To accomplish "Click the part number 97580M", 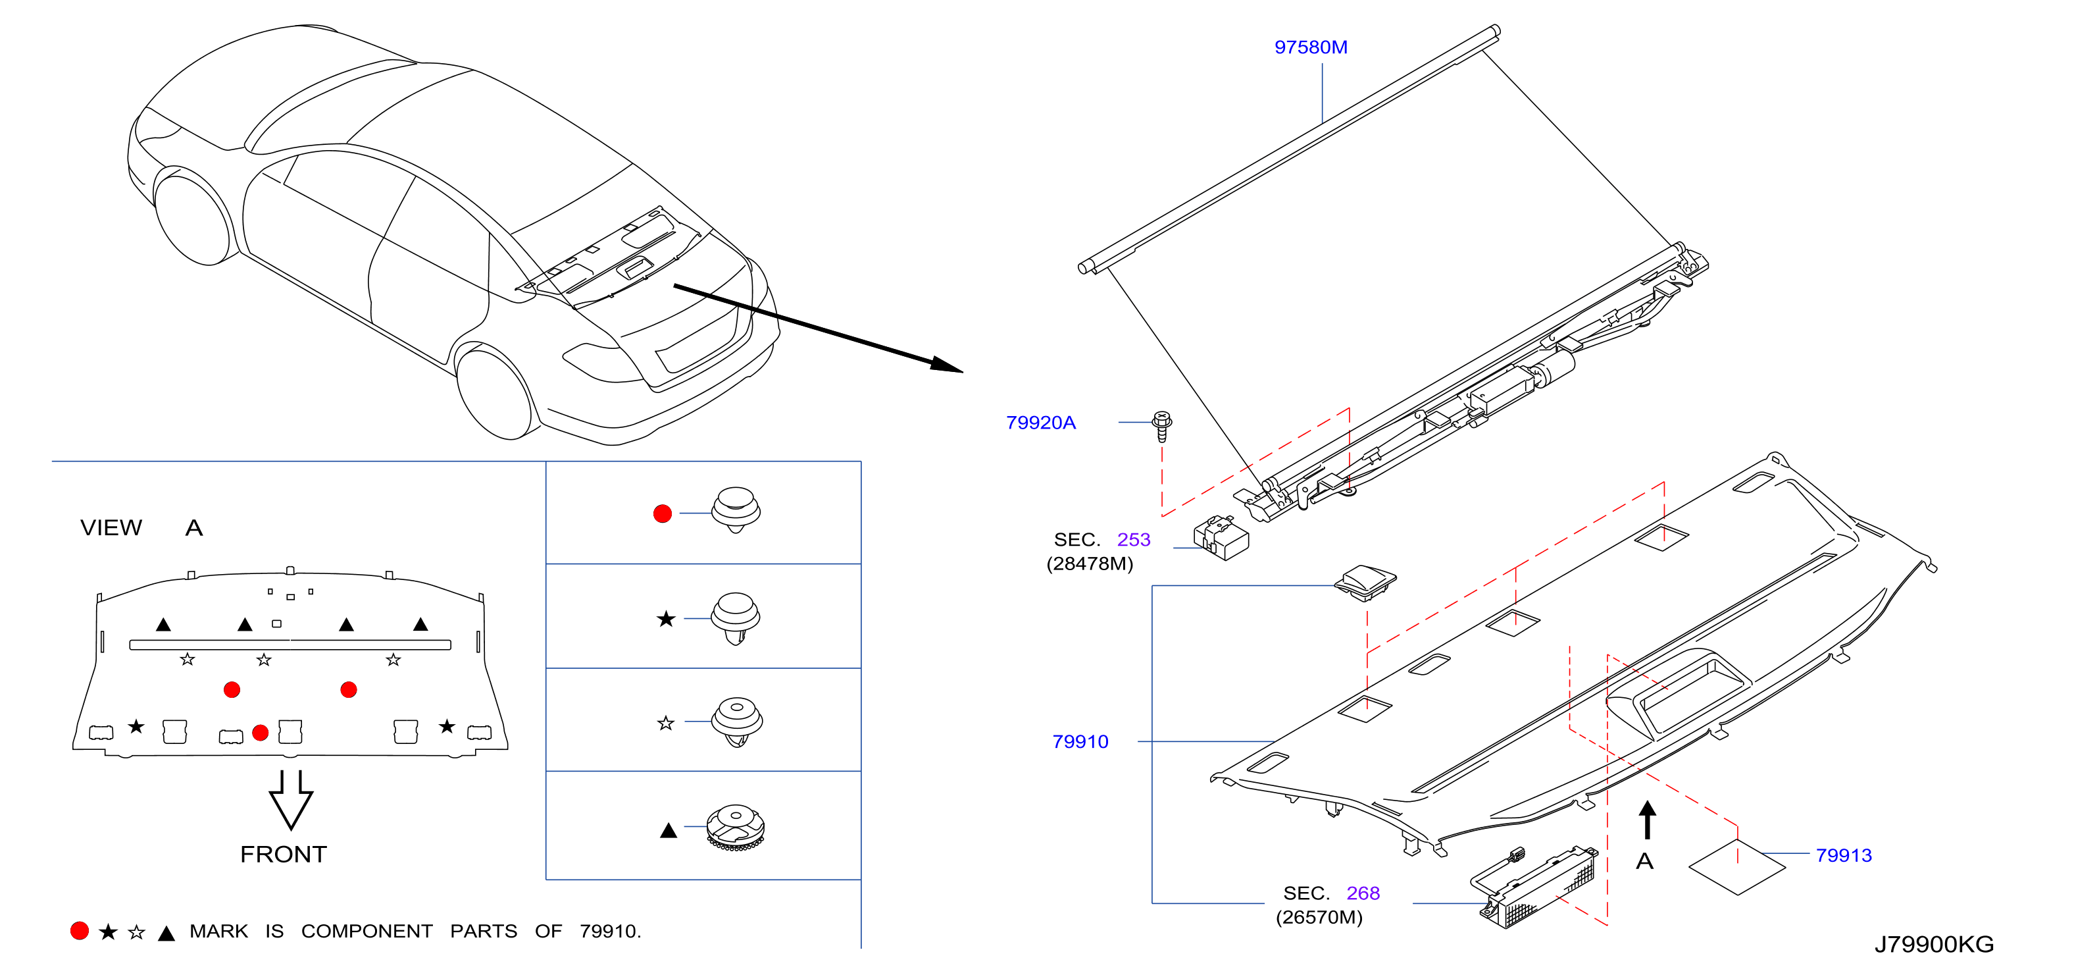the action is (1310, 47).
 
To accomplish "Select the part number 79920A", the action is (1040, 423).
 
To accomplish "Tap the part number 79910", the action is (1080, 742).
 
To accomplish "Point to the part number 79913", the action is (1843, 855).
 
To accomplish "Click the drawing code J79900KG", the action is (1933, 944).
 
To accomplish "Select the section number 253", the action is (1134, 540).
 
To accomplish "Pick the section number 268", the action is (1363, 893).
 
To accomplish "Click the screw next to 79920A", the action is (1162, 426).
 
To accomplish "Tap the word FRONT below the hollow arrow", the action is (284, 855).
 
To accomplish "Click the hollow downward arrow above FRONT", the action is (291, 800).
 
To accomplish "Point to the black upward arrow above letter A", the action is (1647, 820).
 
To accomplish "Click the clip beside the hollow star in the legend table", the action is (736, 722).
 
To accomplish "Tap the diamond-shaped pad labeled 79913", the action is (1736, 866).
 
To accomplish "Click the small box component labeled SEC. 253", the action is (1221, 538).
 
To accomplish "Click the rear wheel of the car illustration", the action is (494, 392).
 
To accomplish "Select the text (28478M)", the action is (1090, 564).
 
